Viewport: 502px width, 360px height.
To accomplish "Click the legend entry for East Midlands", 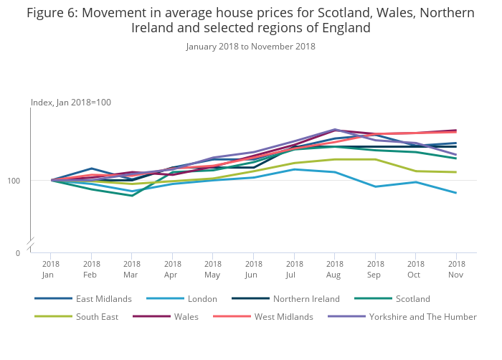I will (104, 298).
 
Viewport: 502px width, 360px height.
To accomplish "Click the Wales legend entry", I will (186, 316).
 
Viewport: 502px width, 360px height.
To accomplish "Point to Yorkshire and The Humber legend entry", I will (422, 316).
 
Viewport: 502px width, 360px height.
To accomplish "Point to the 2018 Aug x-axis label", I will (334, 269).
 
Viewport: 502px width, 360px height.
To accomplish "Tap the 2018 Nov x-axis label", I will (456, 269).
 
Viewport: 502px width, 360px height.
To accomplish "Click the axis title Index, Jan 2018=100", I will (71, 103).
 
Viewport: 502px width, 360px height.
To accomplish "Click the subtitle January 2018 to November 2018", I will (250, 47).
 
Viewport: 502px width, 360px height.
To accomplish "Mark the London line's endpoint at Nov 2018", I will (456, 193).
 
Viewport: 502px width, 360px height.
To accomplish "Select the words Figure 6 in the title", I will (52, 13).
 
